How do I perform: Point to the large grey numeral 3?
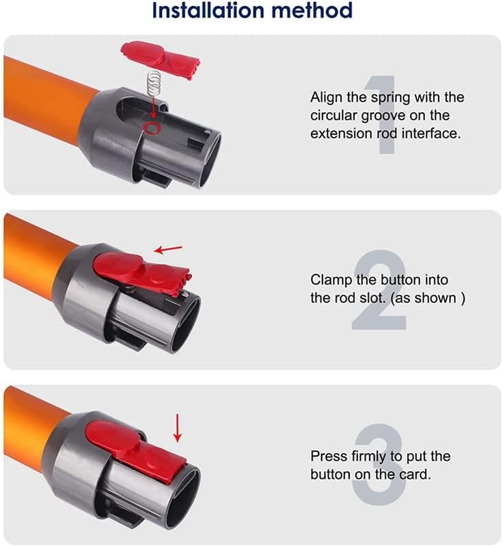(381, 464)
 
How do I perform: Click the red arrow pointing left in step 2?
(167, 250)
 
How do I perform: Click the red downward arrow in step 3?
(178, 429)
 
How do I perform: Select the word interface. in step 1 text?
(429, 134)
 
